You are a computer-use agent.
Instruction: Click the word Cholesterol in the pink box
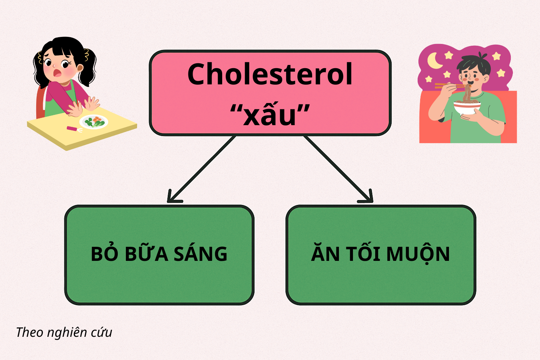pyautogui.click(x=270, y=74)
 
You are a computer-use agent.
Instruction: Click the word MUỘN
pyautogui.click(x=418, y=254)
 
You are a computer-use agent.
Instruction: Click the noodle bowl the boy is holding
pyautogui.click(x=467, y=107)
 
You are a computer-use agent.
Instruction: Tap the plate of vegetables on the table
pyautogui.click(x=94, y=122)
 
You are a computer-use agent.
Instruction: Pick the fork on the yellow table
pyautogui.click(x=75, y=129)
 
